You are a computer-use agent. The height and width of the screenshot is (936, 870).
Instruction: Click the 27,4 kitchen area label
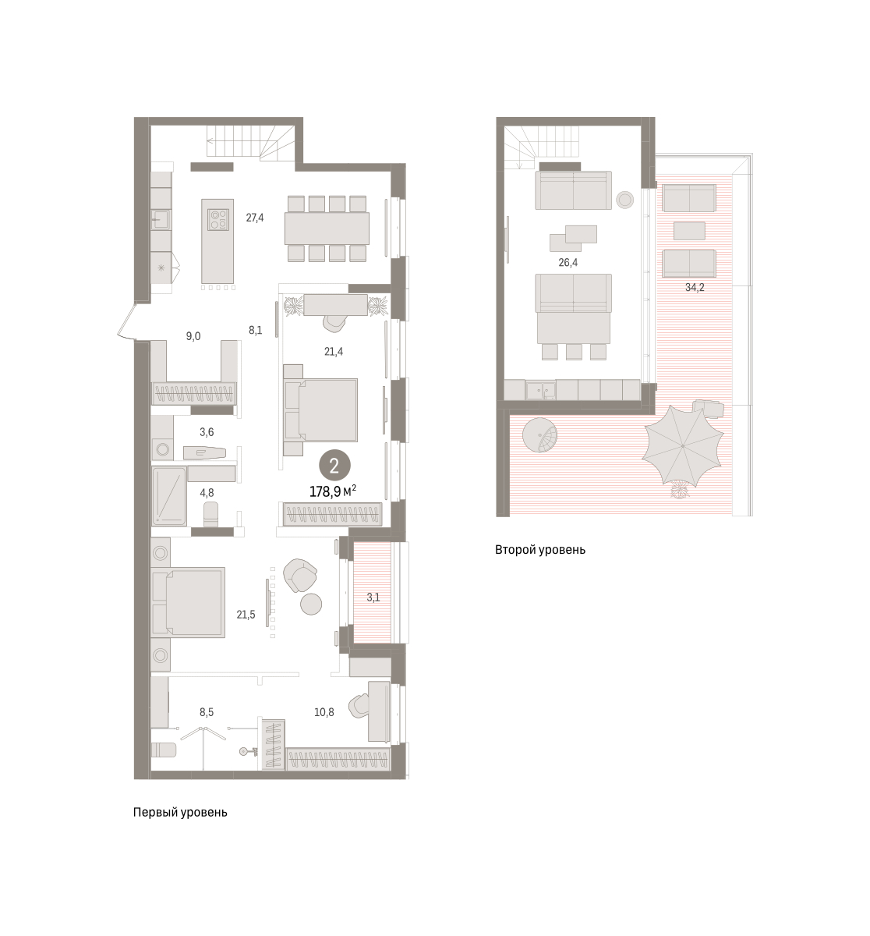[254, 218]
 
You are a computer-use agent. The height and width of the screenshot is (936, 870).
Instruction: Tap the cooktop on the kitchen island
[218, 220]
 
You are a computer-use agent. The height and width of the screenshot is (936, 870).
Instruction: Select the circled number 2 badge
[334, 466]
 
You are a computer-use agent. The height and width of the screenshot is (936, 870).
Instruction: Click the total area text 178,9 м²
[332, 491]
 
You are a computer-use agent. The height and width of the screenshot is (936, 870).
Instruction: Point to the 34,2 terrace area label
[695, 288]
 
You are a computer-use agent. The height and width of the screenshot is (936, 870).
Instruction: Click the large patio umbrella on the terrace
[683, 445]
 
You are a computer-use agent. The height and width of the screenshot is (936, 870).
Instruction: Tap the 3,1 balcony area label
[373, 597]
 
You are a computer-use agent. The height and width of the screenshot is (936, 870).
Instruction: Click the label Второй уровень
[539, 550]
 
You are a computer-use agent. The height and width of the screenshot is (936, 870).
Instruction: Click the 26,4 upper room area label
[568, 263]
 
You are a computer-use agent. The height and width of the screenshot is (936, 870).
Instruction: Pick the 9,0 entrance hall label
[193, 336]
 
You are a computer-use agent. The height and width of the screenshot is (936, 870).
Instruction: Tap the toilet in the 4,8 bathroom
[210, 514]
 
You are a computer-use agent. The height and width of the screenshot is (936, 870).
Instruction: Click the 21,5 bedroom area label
[246, 615]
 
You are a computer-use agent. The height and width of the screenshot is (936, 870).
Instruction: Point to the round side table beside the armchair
[311, 604]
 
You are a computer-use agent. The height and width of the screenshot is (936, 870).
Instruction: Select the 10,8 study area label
[324, 712]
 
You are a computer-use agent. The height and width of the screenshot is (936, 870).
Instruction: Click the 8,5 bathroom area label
[207, 712]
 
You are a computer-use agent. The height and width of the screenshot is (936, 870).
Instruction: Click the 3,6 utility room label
[207, 431]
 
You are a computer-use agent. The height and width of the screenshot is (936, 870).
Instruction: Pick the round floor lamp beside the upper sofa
[625, 200]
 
